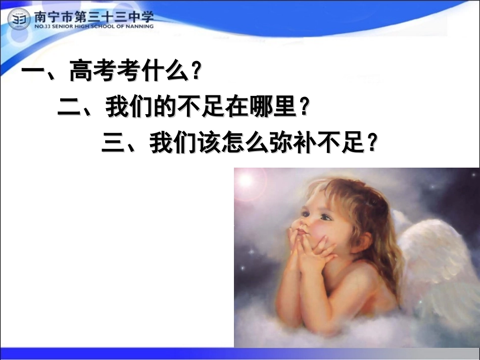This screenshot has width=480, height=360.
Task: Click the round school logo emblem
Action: [19, 19]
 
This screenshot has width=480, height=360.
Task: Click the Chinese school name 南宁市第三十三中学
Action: [93, 15]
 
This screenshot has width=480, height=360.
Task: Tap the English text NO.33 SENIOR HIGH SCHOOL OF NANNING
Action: [93, 26]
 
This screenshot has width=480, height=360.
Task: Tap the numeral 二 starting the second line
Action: [71, 108]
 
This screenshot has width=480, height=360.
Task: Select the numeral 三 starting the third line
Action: [114, 143]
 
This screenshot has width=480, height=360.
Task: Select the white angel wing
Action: [440, 263]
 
